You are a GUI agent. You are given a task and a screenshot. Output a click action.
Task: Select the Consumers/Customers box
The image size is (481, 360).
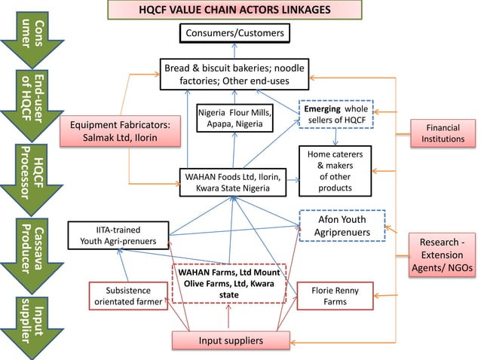coord(234,34)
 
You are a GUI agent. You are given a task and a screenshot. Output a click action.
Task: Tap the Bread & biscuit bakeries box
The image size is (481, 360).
coord(234,75)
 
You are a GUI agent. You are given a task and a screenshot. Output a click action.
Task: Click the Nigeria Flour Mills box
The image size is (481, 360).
coord(235,117)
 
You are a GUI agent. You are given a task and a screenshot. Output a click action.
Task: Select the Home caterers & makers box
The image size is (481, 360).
coord(335,171)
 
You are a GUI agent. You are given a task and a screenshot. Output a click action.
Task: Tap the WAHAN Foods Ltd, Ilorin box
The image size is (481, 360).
coord(233,182)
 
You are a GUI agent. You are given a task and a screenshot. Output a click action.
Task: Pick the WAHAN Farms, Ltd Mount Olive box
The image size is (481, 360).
coord(229,283)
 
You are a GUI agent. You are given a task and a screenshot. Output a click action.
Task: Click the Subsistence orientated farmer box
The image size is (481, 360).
coord(127,297)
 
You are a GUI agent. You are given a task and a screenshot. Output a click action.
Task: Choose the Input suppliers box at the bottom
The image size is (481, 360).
coord(231,341)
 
